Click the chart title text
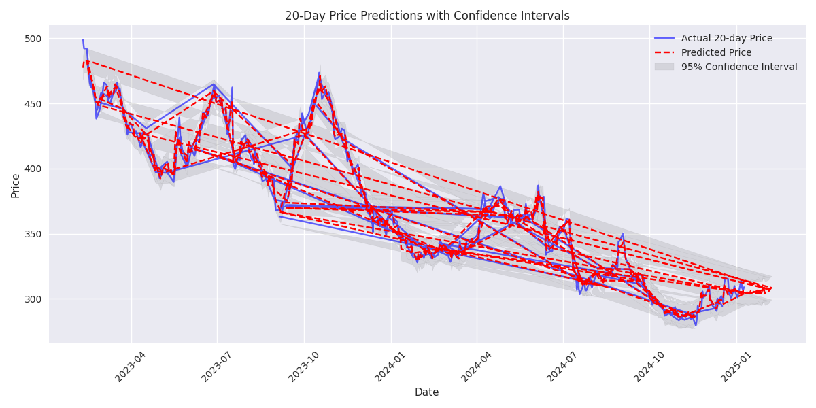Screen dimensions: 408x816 pyautogui.click(x=427, y=16)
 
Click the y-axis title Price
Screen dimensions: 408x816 pyautogui.click(x=16, y=185)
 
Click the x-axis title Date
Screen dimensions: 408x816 pyautogui.click(x=427, y=392)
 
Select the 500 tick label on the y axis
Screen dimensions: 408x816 pyautogui.click(x=33, y=39)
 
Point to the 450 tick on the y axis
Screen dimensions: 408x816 pyautogui.click(x=33, y=104)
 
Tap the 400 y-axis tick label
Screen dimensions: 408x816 pyautogui.click(x=33, y=169)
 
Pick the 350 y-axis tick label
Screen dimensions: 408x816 pyautogui.click(x=33, y=234)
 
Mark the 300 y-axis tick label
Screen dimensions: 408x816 pyautogui.click(x=33, y=299)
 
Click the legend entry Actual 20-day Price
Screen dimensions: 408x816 pyautogui.click(x=726, y=39)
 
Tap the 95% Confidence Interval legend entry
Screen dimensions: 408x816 pyautogui.click(x=738, y=67)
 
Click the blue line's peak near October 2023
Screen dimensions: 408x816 pyautogui.click(x=319, y=73)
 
